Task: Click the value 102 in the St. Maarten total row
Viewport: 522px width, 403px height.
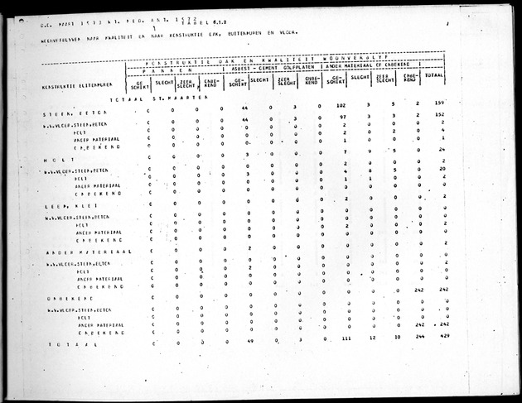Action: pyautogui.click(x=340, y=108)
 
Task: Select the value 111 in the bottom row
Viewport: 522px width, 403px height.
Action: pyautogui.click(x=346, y=338)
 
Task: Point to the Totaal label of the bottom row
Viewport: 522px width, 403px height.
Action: pyautogui.click(x=65, y=343)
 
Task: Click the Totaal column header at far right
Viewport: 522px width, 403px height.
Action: pyautogui.click(x=433, y=75)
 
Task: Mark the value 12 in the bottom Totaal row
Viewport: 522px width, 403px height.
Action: pyautogui.click(x=372, y=338)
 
